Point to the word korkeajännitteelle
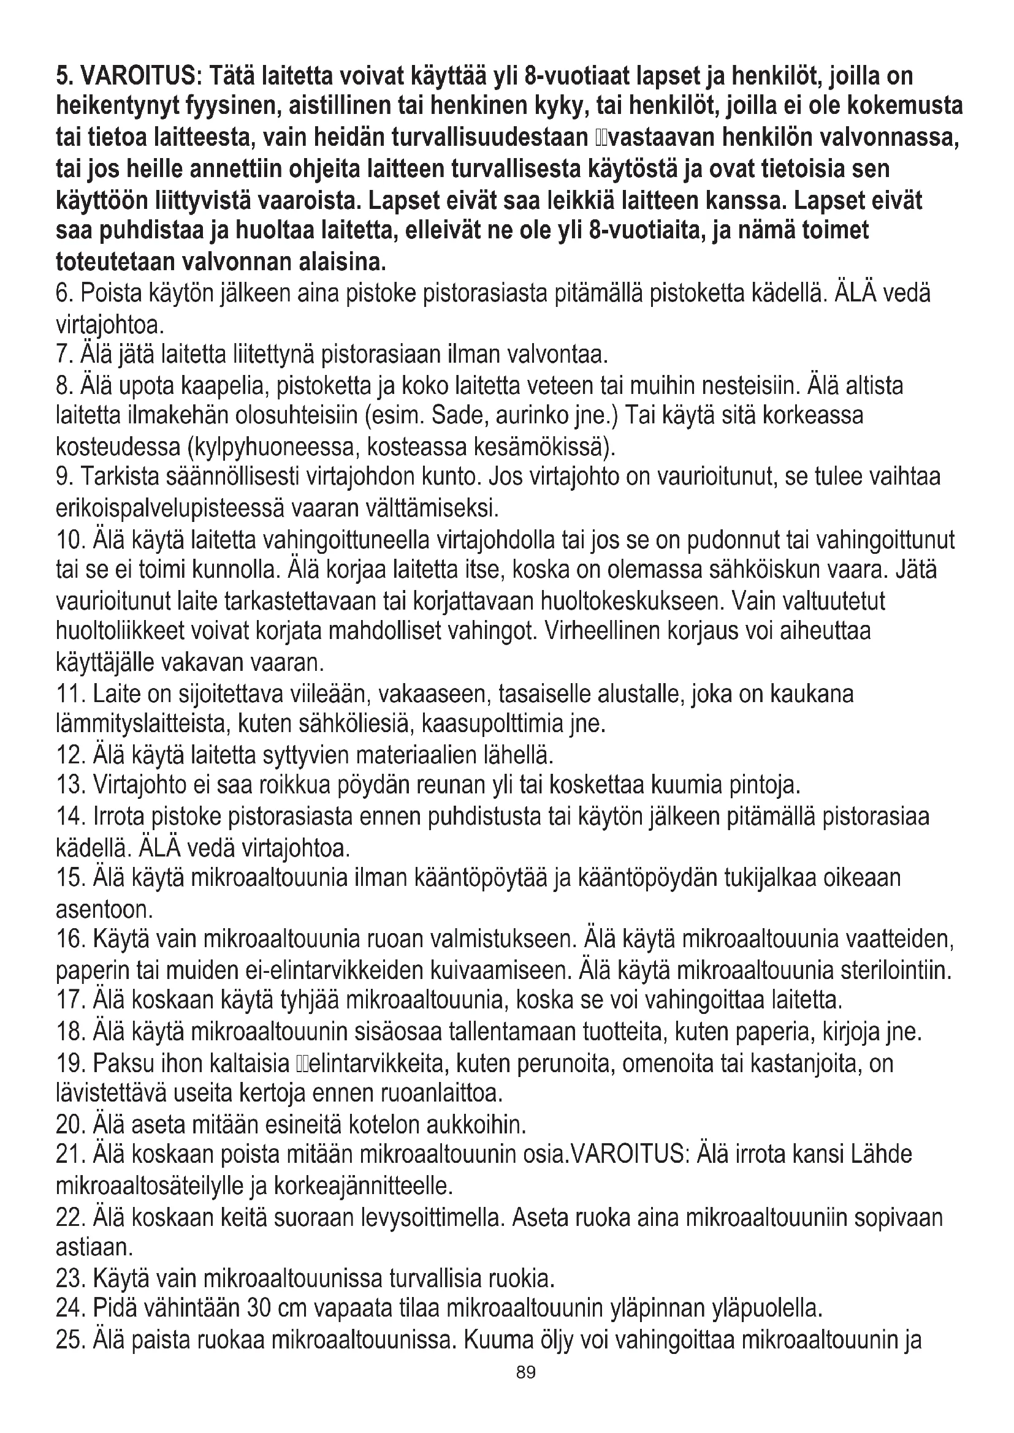coord(362,1185)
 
